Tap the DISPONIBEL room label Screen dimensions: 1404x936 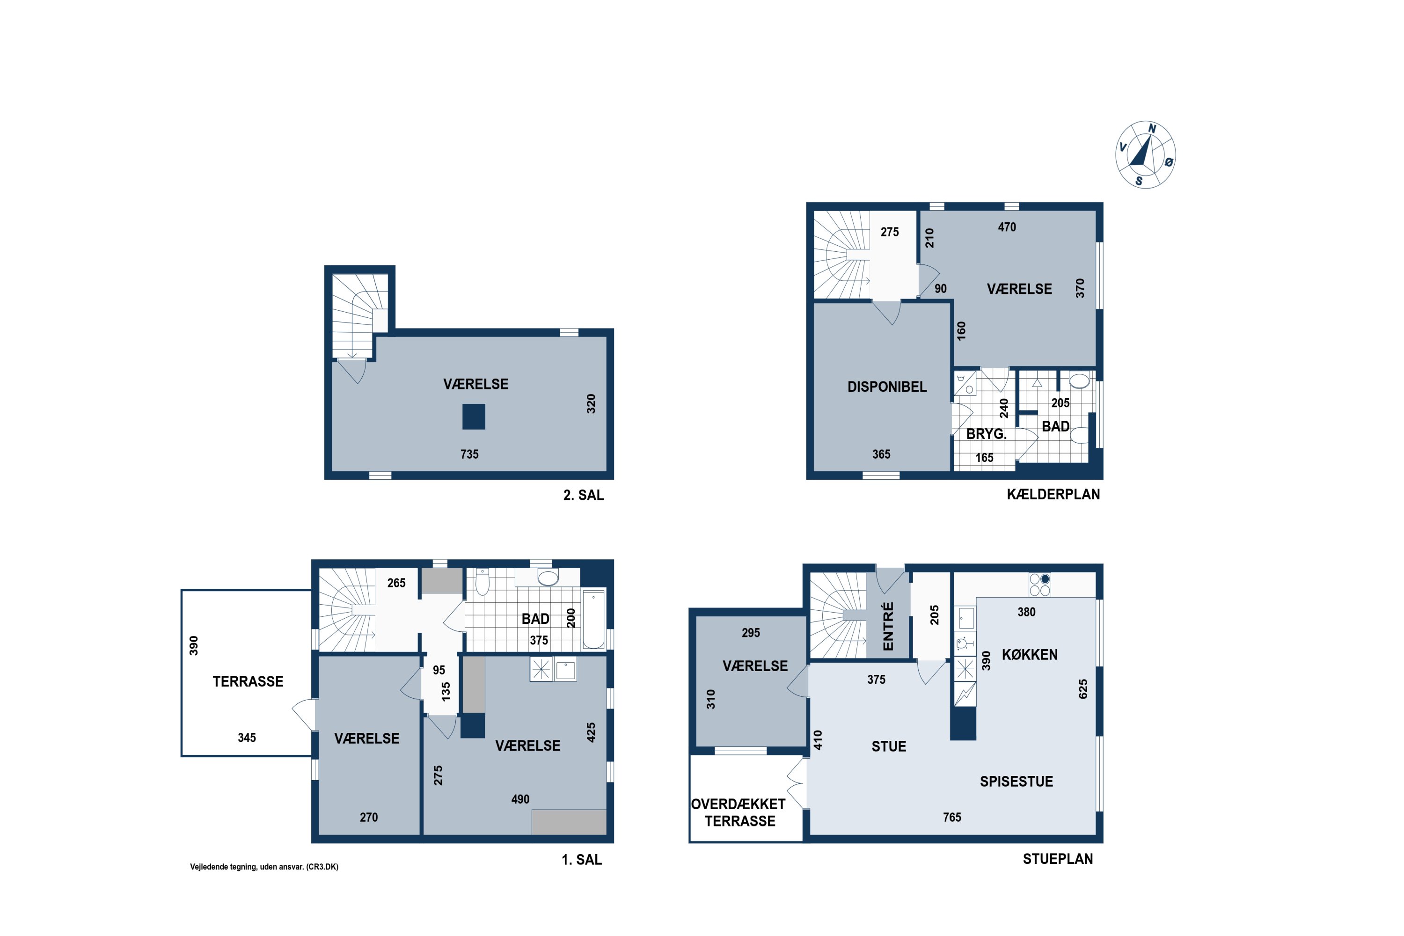(x=887, y=387)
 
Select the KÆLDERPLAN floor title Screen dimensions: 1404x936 (x=1053, y=494)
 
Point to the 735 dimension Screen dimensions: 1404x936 (x=469, y=454)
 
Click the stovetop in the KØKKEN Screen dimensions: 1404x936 (x=1039, y=585)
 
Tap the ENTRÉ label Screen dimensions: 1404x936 (x=888, y=626)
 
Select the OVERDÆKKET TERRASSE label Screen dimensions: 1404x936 (x=739, y=812)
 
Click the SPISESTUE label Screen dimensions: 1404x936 (x=1016, y=782)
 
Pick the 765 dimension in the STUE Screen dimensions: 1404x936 (x=952, y=817)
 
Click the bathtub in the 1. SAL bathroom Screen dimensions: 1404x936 (x=593, y=620)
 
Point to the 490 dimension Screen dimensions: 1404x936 (x=520, y=799)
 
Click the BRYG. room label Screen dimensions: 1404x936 (x=986, y=434)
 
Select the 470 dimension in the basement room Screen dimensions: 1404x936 (x=1007, y=227)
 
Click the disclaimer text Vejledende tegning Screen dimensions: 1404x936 (x=264, y=867)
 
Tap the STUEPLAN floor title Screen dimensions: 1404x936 (x=1058, y=859)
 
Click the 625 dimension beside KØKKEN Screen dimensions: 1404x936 (x=1083, y=689)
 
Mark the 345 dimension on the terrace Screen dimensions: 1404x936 (x=247, y=738)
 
